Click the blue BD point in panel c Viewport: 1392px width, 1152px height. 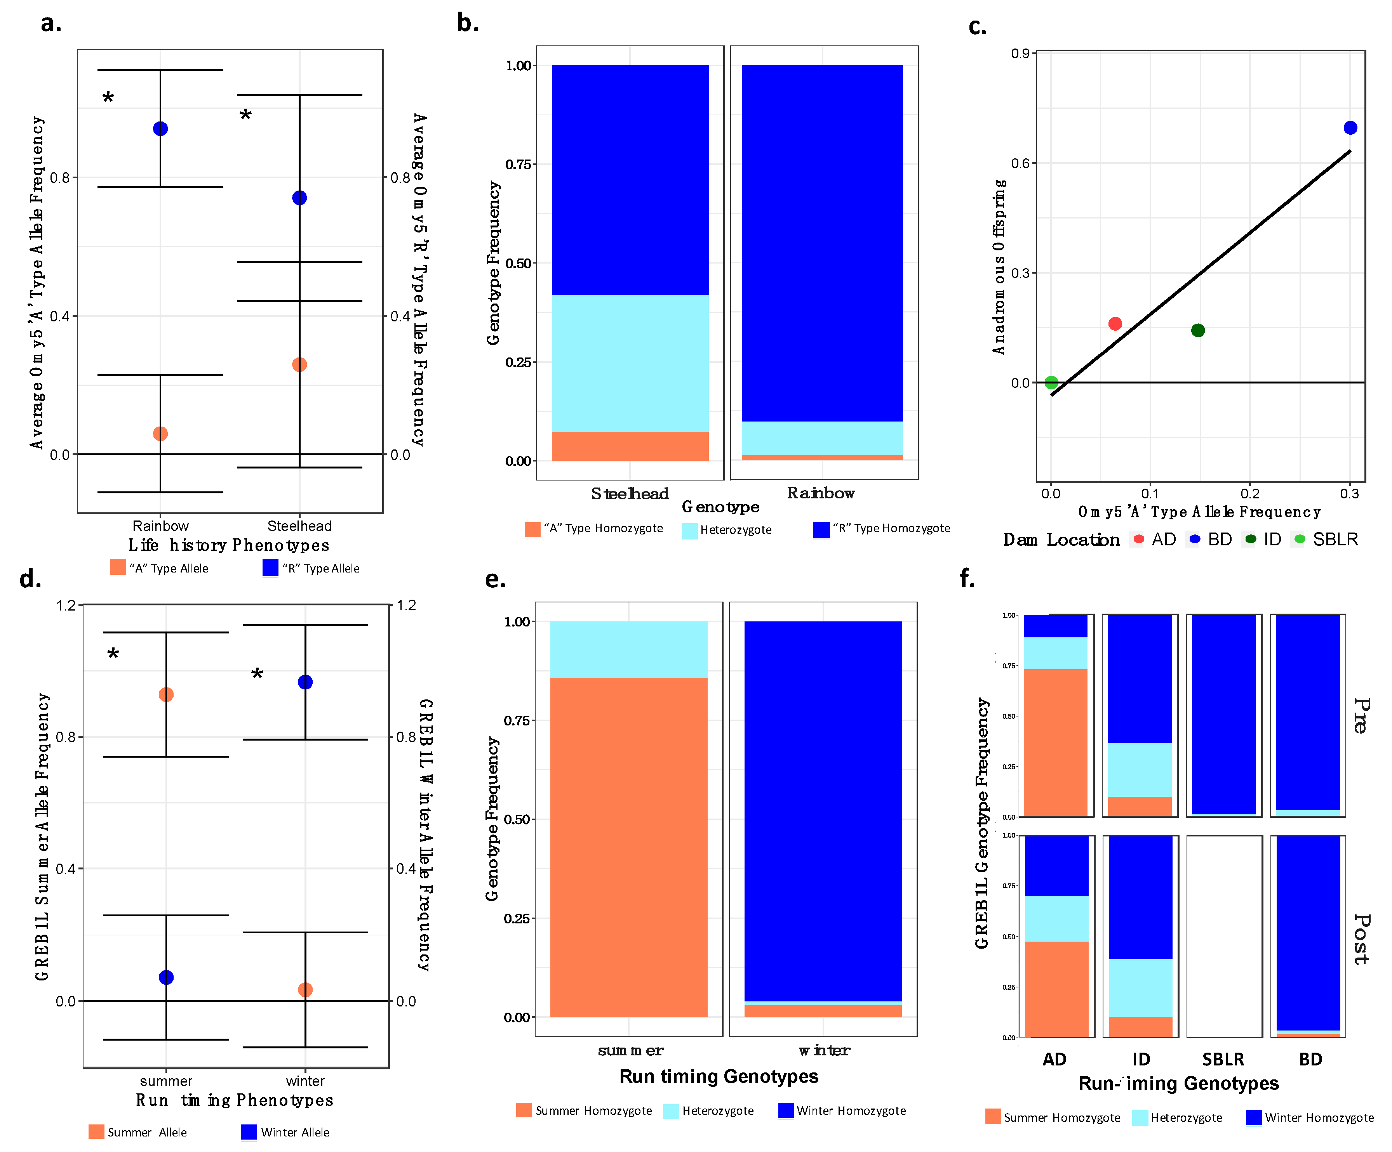pos(1350,128)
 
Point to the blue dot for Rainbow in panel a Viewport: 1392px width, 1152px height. pos(160,128)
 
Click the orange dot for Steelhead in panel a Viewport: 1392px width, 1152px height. pos(299,364)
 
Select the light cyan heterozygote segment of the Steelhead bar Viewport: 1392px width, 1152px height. pos(630,363)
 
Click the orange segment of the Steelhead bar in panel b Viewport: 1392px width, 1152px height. pos(630,446)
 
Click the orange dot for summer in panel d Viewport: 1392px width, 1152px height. pos(166,694)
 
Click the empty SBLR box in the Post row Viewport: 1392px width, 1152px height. pos(1224,936)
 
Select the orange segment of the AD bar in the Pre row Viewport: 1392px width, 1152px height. pos(1055,742)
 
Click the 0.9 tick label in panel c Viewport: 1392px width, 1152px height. pos(1020,53)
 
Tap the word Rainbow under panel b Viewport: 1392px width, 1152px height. pos(821,493)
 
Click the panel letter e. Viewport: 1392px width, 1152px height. pos(495,579)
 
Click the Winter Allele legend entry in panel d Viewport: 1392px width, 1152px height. pos(285,1132)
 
